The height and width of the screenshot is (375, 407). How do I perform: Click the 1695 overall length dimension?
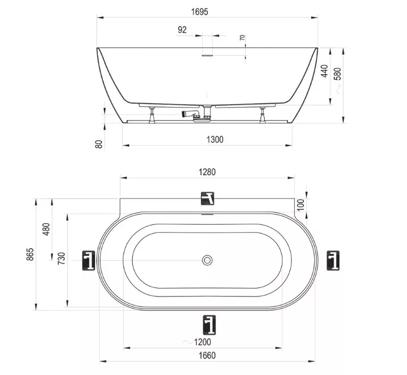tap(200, 12)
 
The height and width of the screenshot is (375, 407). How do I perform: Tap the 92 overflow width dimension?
tap(182, 30)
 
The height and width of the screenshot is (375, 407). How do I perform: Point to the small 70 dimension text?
tap(242, 38)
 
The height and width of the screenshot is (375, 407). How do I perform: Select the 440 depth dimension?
tap(324, 71)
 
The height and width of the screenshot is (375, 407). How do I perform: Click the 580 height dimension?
tap(338, 74)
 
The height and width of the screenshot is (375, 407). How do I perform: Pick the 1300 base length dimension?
tap(215, 139)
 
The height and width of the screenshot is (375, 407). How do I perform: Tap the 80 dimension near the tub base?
tap(99, 145)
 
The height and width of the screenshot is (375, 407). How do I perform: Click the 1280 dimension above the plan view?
tap(207, 172)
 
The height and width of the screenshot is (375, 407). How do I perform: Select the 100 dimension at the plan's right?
tap(301, 205)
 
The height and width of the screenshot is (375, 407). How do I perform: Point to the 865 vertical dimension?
tap(30, 254)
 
